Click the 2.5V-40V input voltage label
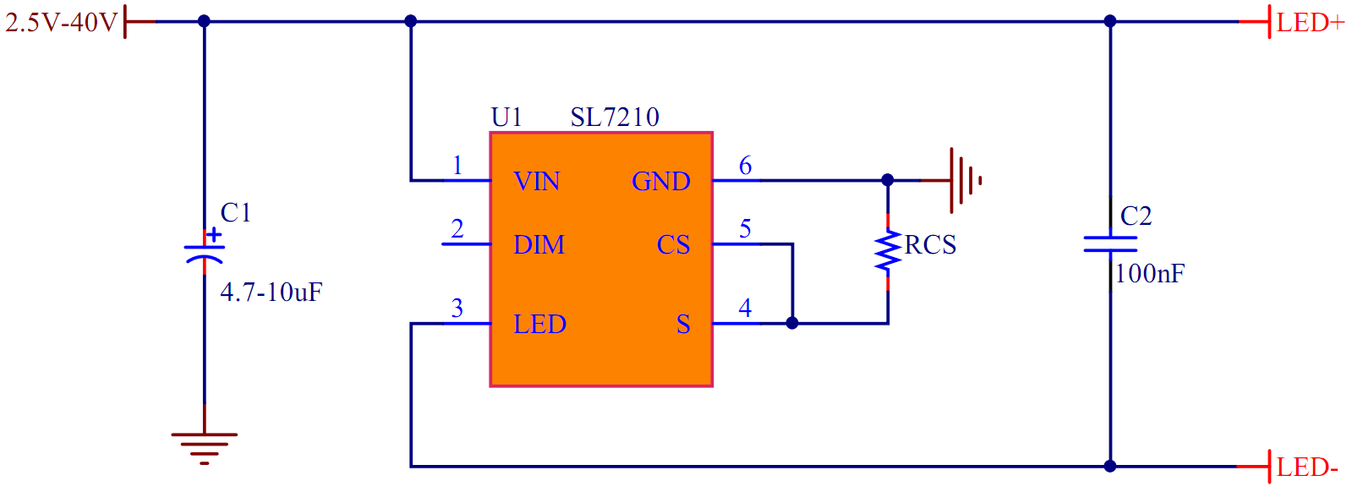[61, 22]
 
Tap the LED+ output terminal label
[1310, 23]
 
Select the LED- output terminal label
[1307, 467]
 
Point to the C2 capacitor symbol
[1110, 244]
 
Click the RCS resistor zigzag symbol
[888, 252]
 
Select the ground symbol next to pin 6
[963, 180]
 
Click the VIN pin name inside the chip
[537, 182]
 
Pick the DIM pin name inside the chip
[539, 245]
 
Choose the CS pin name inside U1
[673, 245]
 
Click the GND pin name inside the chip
[660, 182]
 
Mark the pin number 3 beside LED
[457, 309]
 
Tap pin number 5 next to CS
[745, 229]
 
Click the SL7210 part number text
[615, 118]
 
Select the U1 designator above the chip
[506, 118]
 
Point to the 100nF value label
[1150, 274]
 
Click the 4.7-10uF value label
[271, 293]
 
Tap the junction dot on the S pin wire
[792, 323]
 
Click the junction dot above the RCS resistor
[888, 180]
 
